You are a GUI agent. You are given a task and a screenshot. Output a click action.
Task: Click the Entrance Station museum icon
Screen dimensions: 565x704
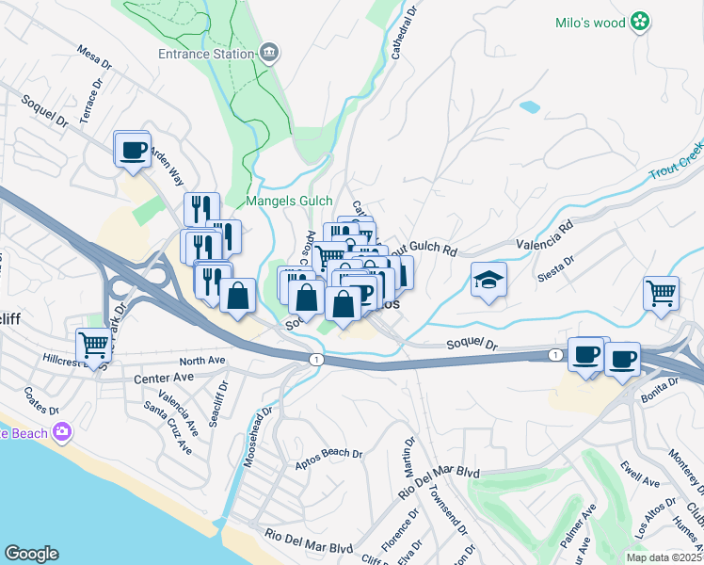(x=270, y=52)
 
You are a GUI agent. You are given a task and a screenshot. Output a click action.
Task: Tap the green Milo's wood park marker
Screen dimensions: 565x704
(x=640, y=21)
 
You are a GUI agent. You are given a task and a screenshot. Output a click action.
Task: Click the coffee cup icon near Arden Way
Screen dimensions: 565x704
(x=132, y=149)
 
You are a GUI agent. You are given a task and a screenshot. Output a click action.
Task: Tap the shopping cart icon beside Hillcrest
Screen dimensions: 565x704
(x=94, y=346)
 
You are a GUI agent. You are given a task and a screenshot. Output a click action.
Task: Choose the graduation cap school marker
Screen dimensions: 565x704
(x=488, y=280)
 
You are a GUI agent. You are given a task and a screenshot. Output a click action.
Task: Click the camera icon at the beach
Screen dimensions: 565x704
(x=63, y=432)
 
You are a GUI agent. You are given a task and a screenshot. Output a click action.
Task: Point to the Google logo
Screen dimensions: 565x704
(x=31, y=554)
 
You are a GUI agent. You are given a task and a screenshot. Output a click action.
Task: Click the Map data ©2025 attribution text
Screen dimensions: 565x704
(x=664, y=557)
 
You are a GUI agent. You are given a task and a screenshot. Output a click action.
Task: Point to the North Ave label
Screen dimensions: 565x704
(x=202, y=360)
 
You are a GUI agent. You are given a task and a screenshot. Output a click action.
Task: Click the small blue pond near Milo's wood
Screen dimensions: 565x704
(x=530, y=107)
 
